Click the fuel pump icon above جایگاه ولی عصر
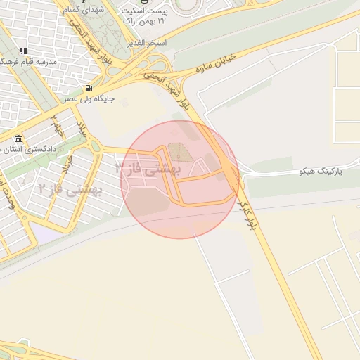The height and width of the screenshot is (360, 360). [x=88, y=89]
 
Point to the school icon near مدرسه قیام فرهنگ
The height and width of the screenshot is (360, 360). [x=23, y=51]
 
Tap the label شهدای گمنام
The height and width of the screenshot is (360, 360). [x=82, y=11]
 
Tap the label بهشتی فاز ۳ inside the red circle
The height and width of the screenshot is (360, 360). [x=148, y=169]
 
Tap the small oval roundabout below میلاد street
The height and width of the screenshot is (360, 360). [x=95, y=146]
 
